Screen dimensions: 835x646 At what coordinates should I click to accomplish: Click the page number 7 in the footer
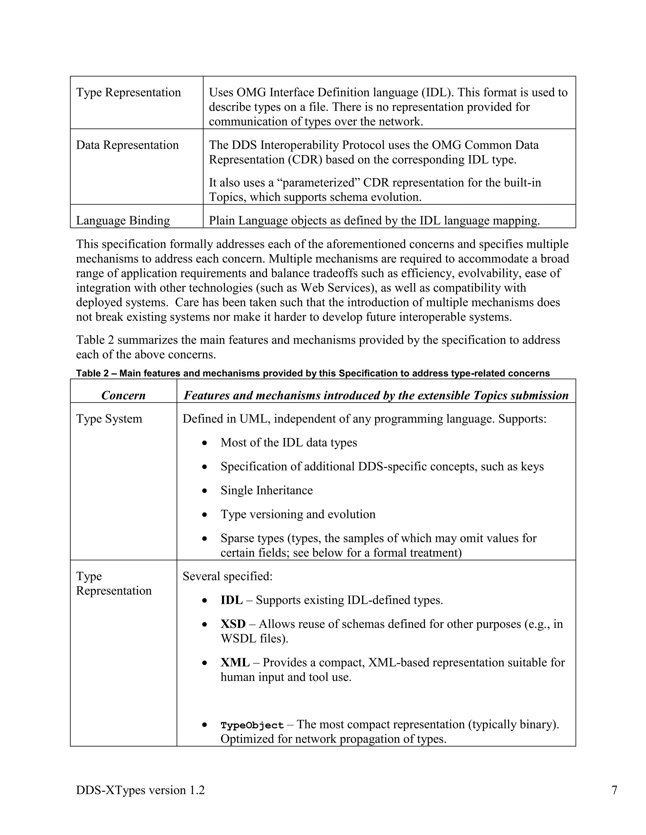(x=614, y=790)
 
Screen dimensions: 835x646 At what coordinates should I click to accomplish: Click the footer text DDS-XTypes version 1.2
(x=140, y=790)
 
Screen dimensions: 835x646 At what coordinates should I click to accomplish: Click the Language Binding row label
(x=123, y=221)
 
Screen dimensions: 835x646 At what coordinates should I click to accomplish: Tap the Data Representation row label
(x=127, y=145)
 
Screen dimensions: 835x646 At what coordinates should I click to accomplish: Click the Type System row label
(x=109, y=419)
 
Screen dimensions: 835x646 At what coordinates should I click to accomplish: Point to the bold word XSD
(x=233, y=624)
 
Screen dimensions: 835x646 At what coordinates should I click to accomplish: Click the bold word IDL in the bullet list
(x=232, y=600)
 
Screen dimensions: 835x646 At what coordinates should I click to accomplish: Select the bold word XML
(x=235, y=662)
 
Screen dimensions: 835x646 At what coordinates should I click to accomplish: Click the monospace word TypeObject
(x=252, y=725)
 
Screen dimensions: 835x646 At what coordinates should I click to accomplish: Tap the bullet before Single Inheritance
(x=205, y=491)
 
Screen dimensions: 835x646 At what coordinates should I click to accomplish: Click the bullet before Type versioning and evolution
(x=205, y=515)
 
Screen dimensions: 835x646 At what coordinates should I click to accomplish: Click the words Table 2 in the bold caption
(x=92, y=373)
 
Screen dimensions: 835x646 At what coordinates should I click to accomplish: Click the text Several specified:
(x=227, y=576)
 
